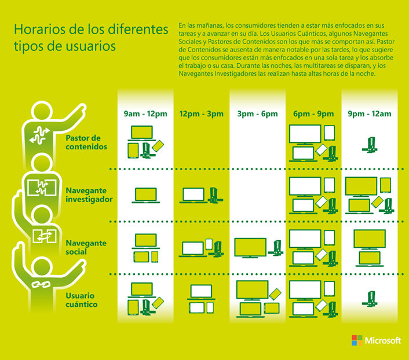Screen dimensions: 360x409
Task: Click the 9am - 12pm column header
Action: click(145, 114)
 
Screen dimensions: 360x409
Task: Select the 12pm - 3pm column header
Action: click(202, 114)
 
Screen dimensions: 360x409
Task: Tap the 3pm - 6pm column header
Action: click(258, 114)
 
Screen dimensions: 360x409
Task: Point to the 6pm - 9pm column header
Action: click(313, 114)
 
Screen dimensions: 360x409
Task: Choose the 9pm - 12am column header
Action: click(370, 114)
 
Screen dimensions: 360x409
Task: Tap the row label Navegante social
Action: click(86, 247)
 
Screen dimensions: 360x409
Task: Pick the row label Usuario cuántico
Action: click(82, 299)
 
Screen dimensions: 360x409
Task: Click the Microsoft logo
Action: click(376, 340)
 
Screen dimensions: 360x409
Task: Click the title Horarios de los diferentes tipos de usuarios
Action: click(87, 37)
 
